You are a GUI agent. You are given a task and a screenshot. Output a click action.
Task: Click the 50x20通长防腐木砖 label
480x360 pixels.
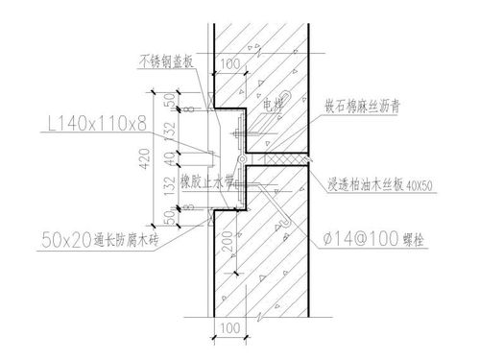(103, 231)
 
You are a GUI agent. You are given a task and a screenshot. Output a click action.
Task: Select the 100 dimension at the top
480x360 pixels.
(228, 66)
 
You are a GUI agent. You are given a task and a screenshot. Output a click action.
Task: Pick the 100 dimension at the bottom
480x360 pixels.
(228, 329)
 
